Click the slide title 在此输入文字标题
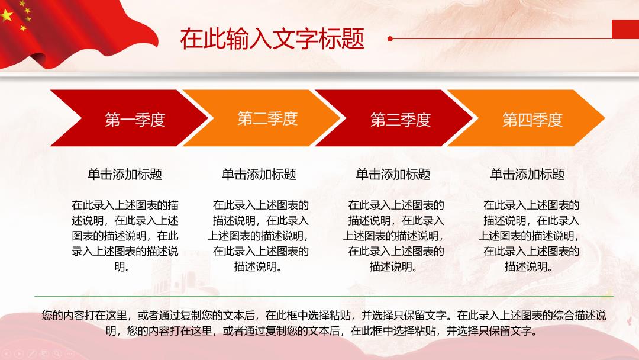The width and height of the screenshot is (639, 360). point(272,38)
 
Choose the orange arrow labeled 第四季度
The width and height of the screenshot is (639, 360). point(527,118)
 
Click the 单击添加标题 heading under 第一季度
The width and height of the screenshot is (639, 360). point(125,175)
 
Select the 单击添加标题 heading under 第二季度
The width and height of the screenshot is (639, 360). point(259,175)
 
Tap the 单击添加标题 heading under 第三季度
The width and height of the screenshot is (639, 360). point(393,175)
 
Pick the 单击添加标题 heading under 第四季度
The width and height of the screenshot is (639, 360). point(527,175)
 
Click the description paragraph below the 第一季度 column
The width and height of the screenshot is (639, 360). point(125,236)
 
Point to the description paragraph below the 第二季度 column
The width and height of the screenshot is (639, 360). point(259,236)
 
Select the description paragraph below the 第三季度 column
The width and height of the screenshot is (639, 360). point(393,236)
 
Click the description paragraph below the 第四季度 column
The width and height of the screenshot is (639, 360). point(529,236)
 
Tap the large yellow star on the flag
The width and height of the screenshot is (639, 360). point(7,15)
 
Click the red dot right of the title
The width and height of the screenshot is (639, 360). point(390,38)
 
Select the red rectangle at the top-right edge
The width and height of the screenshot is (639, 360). point(625,29)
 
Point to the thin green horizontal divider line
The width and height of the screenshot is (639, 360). point(324,297)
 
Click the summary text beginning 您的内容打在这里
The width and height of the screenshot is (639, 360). point(324,323)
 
